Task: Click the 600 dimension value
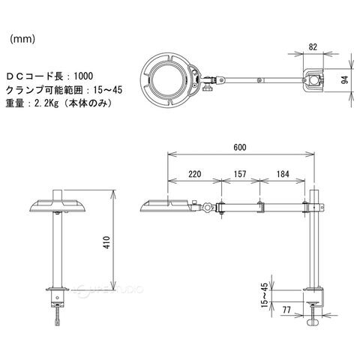[x=240, y=147]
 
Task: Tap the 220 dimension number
[x=195, y=174]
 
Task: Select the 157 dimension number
[x=240, y=174]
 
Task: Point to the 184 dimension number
[x=283, y=174]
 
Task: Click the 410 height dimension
[x=106, y=241]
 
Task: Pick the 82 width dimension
[x=313, y=46]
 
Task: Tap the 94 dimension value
[x=345, y=79]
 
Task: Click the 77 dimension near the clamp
[x=286, y=310]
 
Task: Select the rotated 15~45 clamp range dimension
[x=264, y=295]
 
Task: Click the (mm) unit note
[x=22, y=39]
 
